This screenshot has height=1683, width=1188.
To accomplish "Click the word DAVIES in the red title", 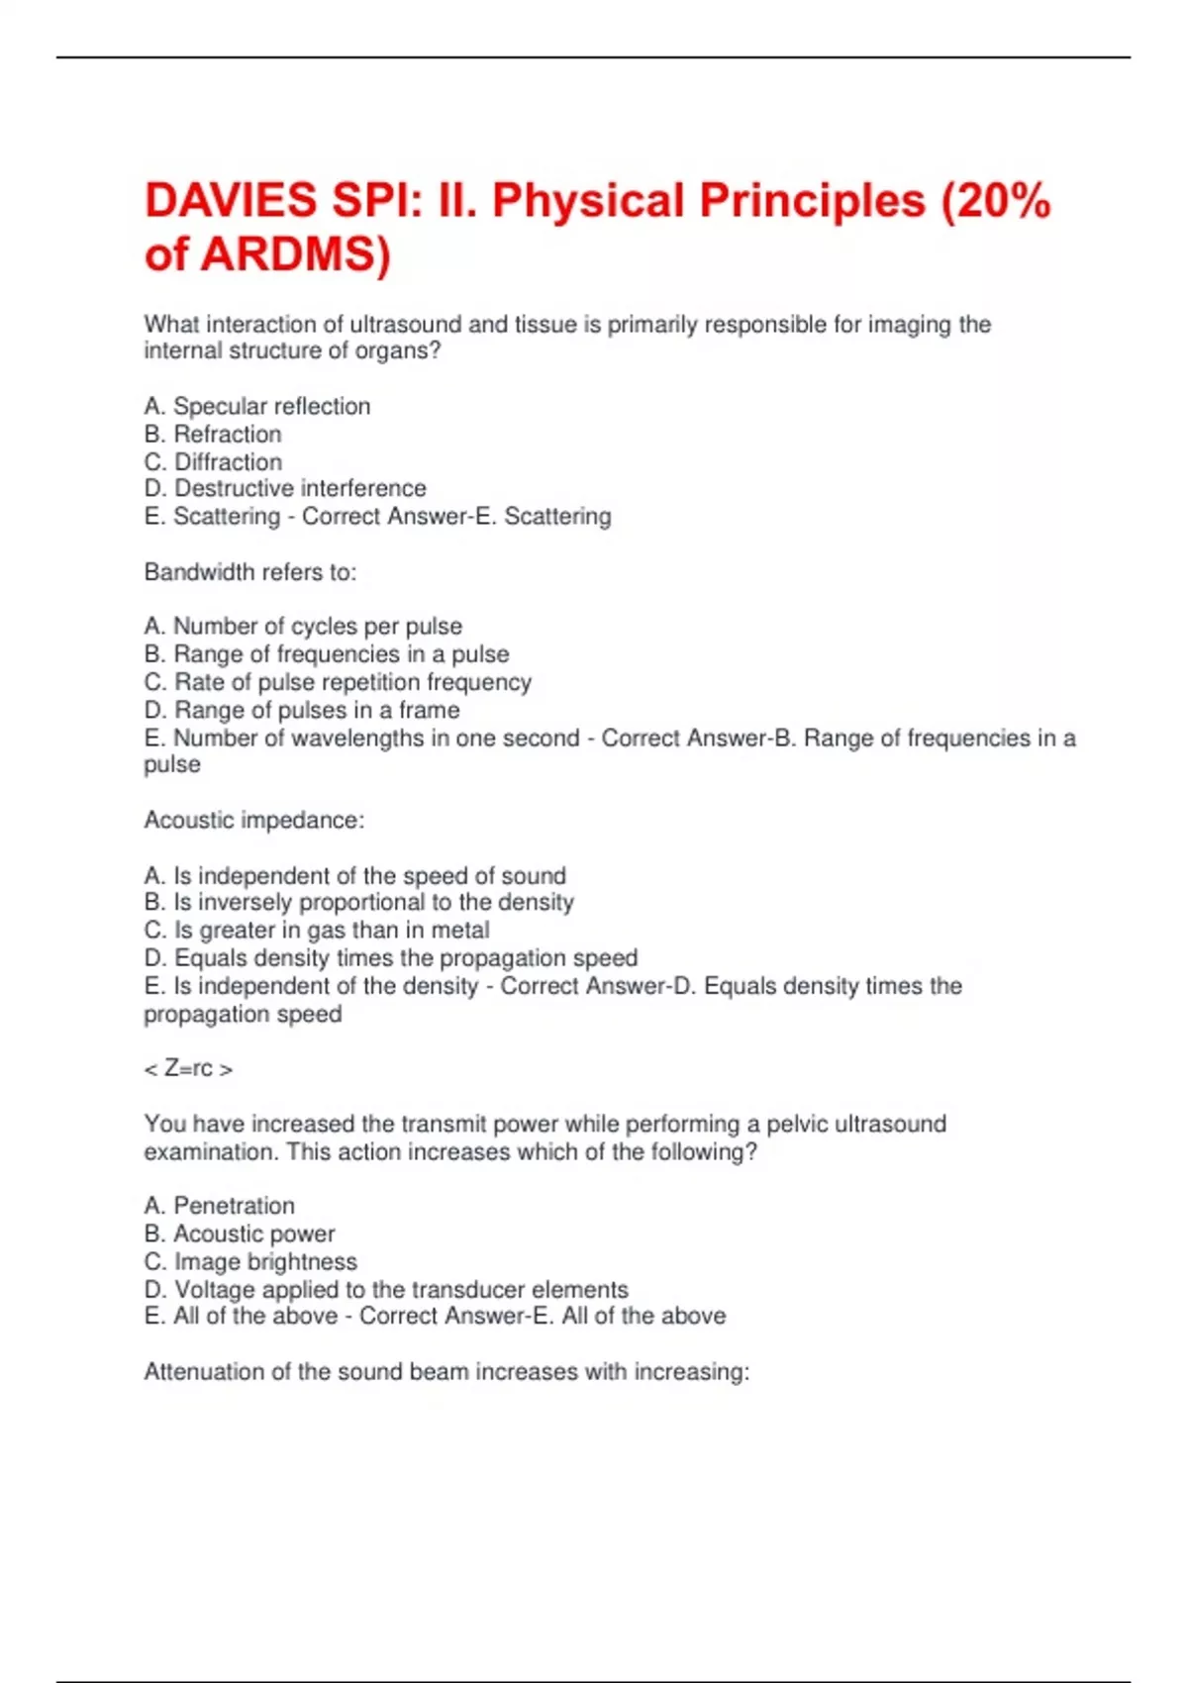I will [x=231, y=201].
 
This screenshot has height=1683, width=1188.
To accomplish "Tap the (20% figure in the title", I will [x=991, y=201].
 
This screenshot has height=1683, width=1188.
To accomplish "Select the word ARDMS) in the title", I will [x=296, y=254].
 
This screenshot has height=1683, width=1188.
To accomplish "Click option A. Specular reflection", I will [x=257, y=407].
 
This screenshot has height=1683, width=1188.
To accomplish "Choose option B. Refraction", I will [x=213, y=435].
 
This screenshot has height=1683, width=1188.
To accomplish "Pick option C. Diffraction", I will [x=213, y=462].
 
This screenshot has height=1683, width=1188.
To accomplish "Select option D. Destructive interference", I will [x=285, y=489].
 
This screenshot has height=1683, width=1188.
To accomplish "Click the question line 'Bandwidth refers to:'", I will [x=250, y=572].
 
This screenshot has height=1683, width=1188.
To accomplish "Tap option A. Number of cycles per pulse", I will [x=303, y=627].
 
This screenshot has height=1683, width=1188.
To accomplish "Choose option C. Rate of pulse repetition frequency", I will [x=338, y=682].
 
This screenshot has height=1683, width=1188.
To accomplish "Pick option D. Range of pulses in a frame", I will [x=302, y=710].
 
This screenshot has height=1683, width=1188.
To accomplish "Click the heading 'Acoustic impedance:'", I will [x=254, y=821].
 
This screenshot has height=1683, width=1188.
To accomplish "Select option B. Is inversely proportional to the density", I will [x=358, y=903].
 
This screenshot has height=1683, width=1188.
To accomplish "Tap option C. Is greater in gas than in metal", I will [x=317, y=931].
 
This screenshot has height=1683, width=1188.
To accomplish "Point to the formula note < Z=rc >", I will [x=188, y=1069].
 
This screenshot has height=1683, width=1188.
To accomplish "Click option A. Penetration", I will [x=219, y=1206].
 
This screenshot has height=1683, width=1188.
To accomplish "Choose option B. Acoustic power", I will [x=240, y=1234].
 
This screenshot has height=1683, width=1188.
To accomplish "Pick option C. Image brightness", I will [x=250, y=1262].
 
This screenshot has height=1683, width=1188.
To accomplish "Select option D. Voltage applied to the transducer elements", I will [x=386, y=1290].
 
